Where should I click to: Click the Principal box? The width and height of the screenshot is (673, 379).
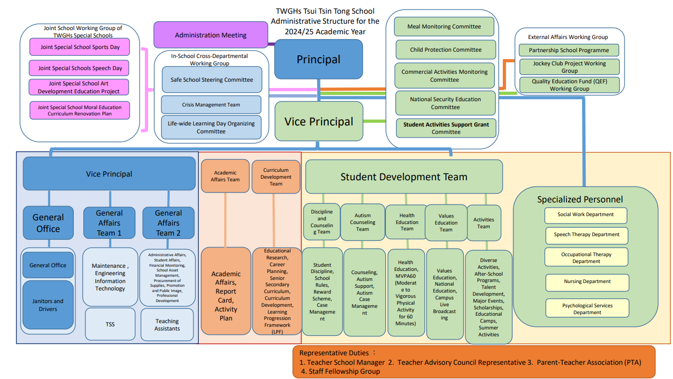[x=318, y=60]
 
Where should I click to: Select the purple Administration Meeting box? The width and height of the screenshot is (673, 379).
[x=211, y=35]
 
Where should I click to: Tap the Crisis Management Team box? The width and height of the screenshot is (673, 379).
[x=211, y=104]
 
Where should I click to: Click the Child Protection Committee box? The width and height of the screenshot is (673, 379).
[x=446, y=50]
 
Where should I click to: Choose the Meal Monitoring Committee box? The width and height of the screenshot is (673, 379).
[x=444, y=26]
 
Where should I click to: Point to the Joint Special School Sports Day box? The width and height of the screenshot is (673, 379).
[x=79, y=47]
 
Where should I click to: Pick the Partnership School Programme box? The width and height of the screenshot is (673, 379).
[x=569, y=50]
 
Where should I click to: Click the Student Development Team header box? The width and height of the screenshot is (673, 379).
[x=404, y=177]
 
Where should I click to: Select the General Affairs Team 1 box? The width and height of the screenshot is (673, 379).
[x=109, y=222]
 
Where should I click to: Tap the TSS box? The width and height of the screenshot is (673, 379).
[x=110, y=324]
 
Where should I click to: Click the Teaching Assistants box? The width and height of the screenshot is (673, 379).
[x=167, y=324]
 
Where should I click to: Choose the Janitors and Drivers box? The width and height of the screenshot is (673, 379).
[x=47, y=305]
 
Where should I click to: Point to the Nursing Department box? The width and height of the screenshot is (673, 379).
[x=587, y=281]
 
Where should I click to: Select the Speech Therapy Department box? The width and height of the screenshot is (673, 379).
[x=587, y=235]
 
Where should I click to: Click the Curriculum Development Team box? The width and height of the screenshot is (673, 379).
[x=276, y=177]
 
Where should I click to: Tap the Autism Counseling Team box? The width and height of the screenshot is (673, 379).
[x=362, y=222]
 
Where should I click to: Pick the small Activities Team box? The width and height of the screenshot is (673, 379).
[x=483, y=223]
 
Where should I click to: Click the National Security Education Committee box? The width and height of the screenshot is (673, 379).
[x=445, y=103]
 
